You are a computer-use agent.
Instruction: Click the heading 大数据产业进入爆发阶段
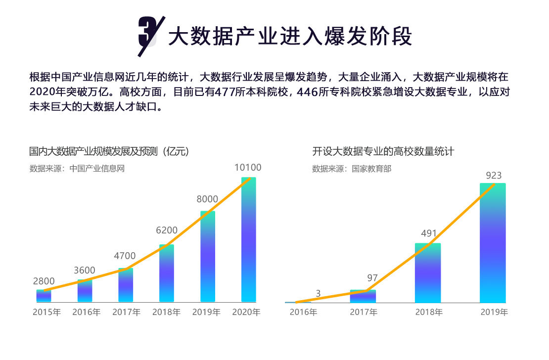coord(290,36)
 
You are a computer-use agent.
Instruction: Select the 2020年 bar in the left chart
coord(248,240)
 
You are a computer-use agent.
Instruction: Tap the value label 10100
coord(248,168)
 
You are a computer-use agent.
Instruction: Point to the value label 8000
coord(207,199)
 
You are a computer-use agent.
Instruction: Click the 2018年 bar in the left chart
coord(166,273)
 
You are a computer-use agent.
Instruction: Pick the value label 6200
coord(167,230)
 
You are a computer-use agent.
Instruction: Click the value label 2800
coord(44,281)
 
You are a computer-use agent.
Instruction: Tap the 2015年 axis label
coord(46,313)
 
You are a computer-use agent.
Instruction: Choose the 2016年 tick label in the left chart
coord(86,313)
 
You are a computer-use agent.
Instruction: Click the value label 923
coord(494,176)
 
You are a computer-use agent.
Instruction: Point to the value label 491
coord(428,234)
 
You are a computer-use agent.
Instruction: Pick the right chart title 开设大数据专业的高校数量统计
coord(383,151)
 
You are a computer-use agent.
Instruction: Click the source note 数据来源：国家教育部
coord(351,169)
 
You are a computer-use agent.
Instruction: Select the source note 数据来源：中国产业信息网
coord(77,168)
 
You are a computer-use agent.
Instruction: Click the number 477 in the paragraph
coord(225,92)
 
